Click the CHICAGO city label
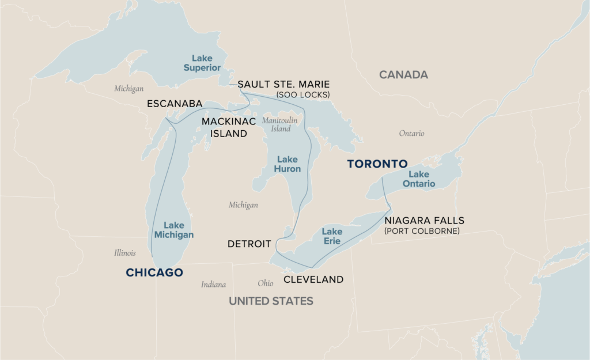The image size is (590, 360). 154,272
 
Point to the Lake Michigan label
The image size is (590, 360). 174,230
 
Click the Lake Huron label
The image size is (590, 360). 288,164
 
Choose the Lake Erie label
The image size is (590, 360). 332,236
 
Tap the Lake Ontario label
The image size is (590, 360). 422,179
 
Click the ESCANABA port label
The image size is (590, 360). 175,104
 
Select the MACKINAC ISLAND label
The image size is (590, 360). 224,127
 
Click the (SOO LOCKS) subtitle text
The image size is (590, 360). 303,94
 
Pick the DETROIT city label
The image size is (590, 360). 249,244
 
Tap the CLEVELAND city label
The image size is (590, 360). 313,279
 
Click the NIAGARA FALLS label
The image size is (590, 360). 424,221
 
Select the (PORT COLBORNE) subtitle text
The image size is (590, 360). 422,231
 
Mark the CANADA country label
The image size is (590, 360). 403,75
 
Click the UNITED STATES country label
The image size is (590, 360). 271,301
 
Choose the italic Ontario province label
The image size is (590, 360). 411,133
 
